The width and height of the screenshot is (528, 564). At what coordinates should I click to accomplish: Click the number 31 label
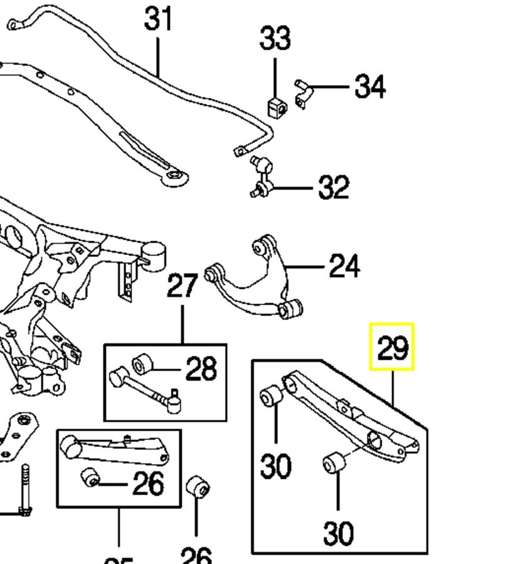158,19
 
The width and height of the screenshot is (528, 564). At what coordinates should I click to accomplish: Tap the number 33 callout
275,38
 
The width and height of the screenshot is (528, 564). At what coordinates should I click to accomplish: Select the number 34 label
370,86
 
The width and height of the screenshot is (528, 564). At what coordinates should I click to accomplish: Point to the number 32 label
333,187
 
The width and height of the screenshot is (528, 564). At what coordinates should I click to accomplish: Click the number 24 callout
344,267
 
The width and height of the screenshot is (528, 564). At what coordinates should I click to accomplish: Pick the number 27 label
182,286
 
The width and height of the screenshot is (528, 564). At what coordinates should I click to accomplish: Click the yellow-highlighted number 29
392,347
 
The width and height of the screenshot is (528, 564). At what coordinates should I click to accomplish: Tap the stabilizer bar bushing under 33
276,107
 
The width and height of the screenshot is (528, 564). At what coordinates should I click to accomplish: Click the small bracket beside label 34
302,92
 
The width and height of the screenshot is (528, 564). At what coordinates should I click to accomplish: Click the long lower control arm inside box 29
351,417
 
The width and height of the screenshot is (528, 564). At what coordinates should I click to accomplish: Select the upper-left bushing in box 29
271,396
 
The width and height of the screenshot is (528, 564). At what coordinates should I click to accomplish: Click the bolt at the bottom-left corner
25,489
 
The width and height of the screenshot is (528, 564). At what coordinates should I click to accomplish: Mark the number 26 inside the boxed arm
148,483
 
